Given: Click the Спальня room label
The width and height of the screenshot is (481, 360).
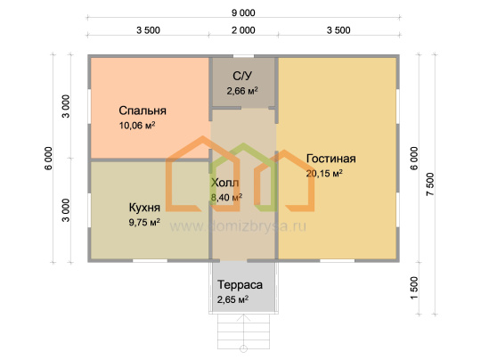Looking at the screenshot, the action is coord(143,110).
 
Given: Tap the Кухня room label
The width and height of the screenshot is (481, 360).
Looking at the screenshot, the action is coord(144,208).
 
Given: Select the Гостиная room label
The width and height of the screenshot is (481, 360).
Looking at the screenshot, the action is coord(331,159).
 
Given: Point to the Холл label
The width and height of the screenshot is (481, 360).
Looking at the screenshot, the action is coord(224,183).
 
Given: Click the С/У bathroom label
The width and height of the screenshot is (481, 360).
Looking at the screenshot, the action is coord(242,76).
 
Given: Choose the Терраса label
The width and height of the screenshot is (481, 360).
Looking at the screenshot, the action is coord(240,285).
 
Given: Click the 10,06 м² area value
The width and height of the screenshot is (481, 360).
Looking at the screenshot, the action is coord(137,126).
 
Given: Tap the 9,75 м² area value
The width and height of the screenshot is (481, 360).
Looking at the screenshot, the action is coord(144,222).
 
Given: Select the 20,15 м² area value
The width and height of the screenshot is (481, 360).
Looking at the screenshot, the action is coord(324,174).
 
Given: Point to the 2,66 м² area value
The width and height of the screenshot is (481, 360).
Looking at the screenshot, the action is coord(242,91).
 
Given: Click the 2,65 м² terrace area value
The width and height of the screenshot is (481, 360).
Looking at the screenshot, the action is coord(232,299).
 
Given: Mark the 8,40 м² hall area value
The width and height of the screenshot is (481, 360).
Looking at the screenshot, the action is coord(226,197).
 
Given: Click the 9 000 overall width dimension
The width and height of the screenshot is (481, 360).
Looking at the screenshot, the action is coord(243,12).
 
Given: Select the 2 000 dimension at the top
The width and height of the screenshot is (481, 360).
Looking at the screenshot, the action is coord(243,30).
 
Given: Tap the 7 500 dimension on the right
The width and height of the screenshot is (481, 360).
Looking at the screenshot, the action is coord(430,184).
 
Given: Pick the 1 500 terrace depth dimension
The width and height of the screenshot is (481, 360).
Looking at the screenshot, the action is coord(414,288).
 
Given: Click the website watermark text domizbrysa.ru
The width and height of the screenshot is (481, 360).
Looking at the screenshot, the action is coord(238,226).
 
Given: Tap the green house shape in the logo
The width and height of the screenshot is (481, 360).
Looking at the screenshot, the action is coord(243,176).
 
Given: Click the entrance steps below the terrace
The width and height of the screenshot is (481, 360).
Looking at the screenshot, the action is coord(243,331).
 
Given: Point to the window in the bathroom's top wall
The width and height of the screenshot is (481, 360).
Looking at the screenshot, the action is coord(243,56).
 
